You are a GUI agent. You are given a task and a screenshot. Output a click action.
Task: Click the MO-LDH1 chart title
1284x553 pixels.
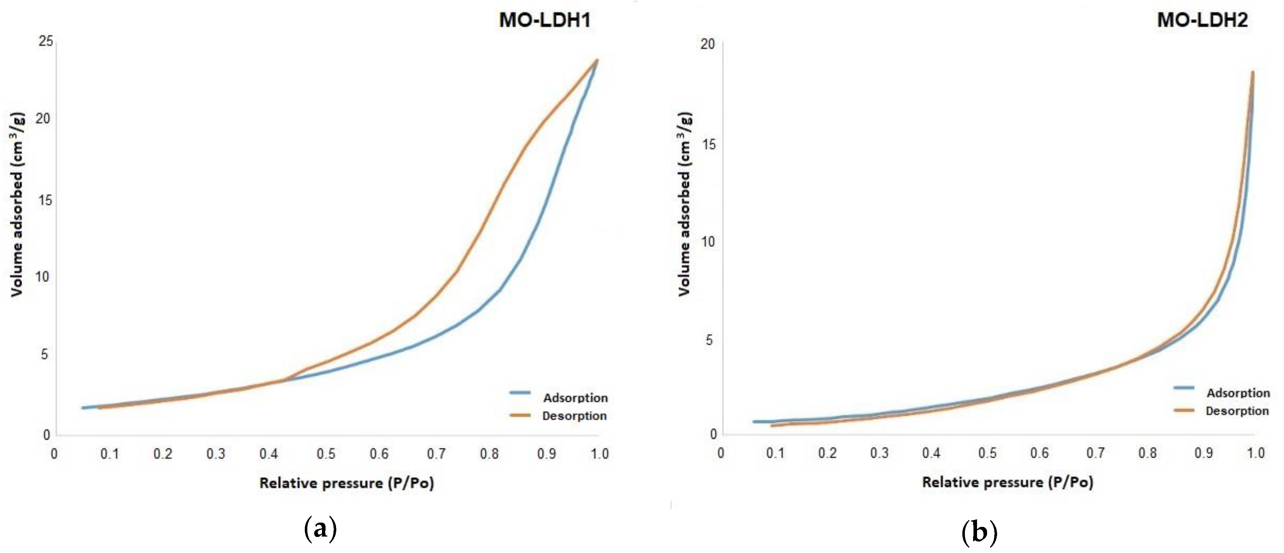click(545, 20)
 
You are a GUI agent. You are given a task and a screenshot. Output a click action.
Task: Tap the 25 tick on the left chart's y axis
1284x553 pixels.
click(46, 41)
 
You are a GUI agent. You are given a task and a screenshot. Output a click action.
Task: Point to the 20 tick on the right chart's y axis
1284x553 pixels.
click(707, 44)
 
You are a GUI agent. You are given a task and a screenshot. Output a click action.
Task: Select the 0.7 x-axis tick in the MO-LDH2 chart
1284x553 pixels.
click(1095, 453)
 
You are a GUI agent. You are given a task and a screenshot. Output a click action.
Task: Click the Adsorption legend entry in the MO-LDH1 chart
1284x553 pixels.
click(575, 398)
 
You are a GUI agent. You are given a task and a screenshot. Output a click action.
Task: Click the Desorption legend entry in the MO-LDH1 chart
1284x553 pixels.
click(574, 415)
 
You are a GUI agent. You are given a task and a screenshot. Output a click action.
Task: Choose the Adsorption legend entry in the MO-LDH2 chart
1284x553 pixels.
click(1237, 392)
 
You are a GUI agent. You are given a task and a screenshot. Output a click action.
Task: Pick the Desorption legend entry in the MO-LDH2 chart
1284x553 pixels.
click(1237, 410)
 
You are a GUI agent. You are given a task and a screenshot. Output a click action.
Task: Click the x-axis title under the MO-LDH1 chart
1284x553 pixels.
click(346, 483)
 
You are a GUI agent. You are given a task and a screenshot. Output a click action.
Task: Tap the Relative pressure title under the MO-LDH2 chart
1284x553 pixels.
click(1007, 482)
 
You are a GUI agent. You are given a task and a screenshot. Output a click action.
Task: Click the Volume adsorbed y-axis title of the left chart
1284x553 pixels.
click(17, 204)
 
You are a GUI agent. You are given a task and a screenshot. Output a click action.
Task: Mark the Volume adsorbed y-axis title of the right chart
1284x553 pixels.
click(685, 204)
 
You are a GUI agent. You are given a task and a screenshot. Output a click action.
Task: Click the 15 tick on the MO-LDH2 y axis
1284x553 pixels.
click(707, 144)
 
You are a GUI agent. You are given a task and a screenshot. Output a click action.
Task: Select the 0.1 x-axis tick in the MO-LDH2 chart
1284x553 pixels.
click(775, 453)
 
